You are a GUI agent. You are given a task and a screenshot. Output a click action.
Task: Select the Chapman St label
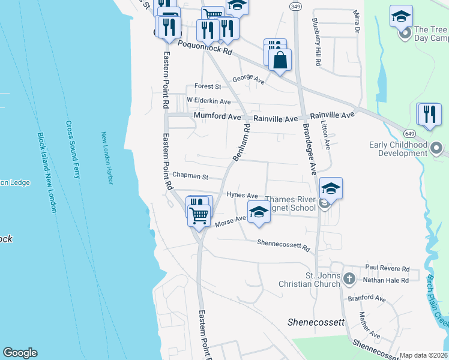click(190, 176)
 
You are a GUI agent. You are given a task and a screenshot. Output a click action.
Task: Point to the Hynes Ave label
click(243, 195)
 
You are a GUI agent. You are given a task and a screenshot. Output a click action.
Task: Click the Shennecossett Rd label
click(283, 244)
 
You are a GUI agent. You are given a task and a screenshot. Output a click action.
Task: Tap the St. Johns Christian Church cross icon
click(349, 279)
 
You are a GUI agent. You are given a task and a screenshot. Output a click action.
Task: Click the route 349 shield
click(295, 6)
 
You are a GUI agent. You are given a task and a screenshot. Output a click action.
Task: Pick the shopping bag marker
click(280, 60)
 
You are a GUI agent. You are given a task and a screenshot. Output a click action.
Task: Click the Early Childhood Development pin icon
click(437, 147)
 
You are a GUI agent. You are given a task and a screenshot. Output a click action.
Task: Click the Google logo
click(20, 353)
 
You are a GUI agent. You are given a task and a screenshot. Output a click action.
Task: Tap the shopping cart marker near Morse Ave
click(199, 214)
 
